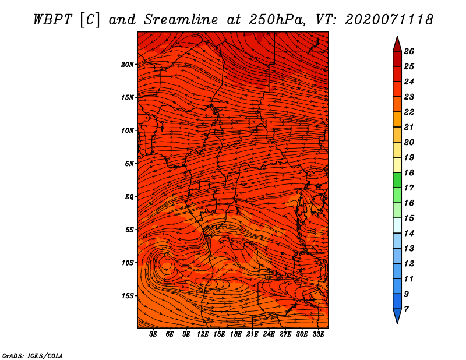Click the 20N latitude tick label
click(x=127, y=65)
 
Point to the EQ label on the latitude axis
click(x=129, y=197)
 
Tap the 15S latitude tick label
click(x=127, y=296)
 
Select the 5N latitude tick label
click(x=129, y=164)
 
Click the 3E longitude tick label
click(x=153, y=334)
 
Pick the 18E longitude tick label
click(x=236, y=334)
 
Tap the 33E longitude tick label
click(x=318, y=334)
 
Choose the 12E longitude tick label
click(x=203, y=334)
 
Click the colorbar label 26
click(x=409, y=51)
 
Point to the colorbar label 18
click(x=409, y=172)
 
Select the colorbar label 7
click(x=406, y=309)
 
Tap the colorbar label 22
click(x=409, y=112)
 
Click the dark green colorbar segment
click(x=397, y=180)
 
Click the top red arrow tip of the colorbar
click(x=397, y=36)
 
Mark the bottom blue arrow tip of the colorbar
click(x=397, y=323)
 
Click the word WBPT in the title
click(x=52, y=20)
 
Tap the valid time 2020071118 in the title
click(x=389, y=20)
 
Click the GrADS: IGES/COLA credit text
click(x=33, y=356)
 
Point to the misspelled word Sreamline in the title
click(x=181, y=20)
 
